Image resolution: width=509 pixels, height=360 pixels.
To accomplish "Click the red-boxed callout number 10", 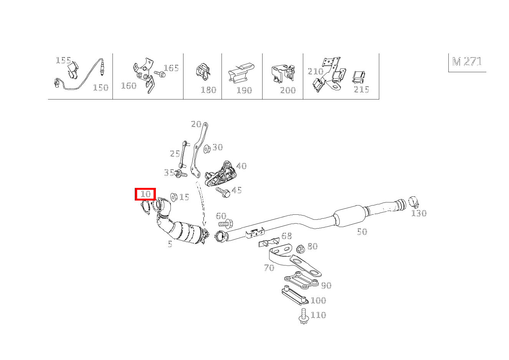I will coord(145,194).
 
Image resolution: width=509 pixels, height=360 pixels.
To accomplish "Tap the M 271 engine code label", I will coord(467,61).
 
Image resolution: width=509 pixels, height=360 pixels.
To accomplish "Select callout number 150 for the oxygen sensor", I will coord(101,88).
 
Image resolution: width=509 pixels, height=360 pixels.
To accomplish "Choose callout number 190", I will coord(244,90).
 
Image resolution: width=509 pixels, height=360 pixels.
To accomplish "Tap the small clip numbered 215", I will coord(359,77).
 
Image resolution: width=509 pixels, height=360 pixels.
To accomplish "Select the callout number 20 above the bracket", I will coord(196,124).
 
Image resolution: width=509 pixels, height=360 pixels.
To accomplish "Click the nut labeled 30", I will coord(207,148).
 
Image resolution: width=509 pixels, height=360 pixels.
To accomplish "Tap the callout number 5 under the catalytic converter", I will coord(170,244).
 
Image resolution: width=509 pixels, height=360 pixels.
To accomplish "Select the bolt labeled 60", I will coord(225,223).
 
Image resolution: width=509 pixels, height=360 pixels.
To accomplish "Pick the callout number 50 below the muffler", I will coord(362,231).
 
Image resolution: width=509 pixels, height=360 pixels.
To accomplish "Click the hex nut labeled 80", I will coord(301,249).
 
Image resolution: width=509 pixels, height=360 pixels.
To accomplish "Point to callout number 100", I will coord(318,300).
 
